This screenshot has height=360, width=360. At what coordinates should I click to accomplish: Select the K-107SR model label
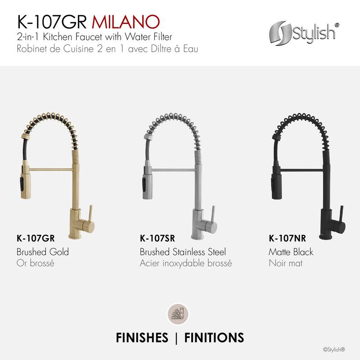(157, 239)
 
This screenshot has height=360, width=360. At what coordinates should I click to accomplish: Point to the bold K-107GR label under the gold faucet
(34, 239)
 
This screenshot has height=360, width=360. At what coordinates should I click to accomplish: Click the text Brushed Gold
(42, 252)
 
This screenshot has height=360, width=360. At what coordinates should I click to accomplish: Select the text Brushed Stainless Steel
(183, 252)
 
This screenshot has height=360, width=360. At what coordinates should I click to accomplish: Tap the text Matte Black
(291, 252)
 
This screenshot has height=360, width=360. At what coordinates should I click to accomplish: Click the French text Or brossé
(35, 263)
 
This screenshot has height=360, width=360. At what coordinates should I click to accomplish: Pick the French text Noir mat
(285, 263)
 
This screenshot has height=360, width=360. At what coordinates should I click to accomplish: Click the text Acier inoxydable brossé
(185, 263)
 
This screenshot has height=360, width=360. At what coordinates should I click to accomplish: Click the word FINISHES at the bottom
(142, 337)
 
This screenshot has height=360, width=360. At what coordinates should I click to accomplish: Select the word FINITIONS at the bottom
(214, 337)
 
